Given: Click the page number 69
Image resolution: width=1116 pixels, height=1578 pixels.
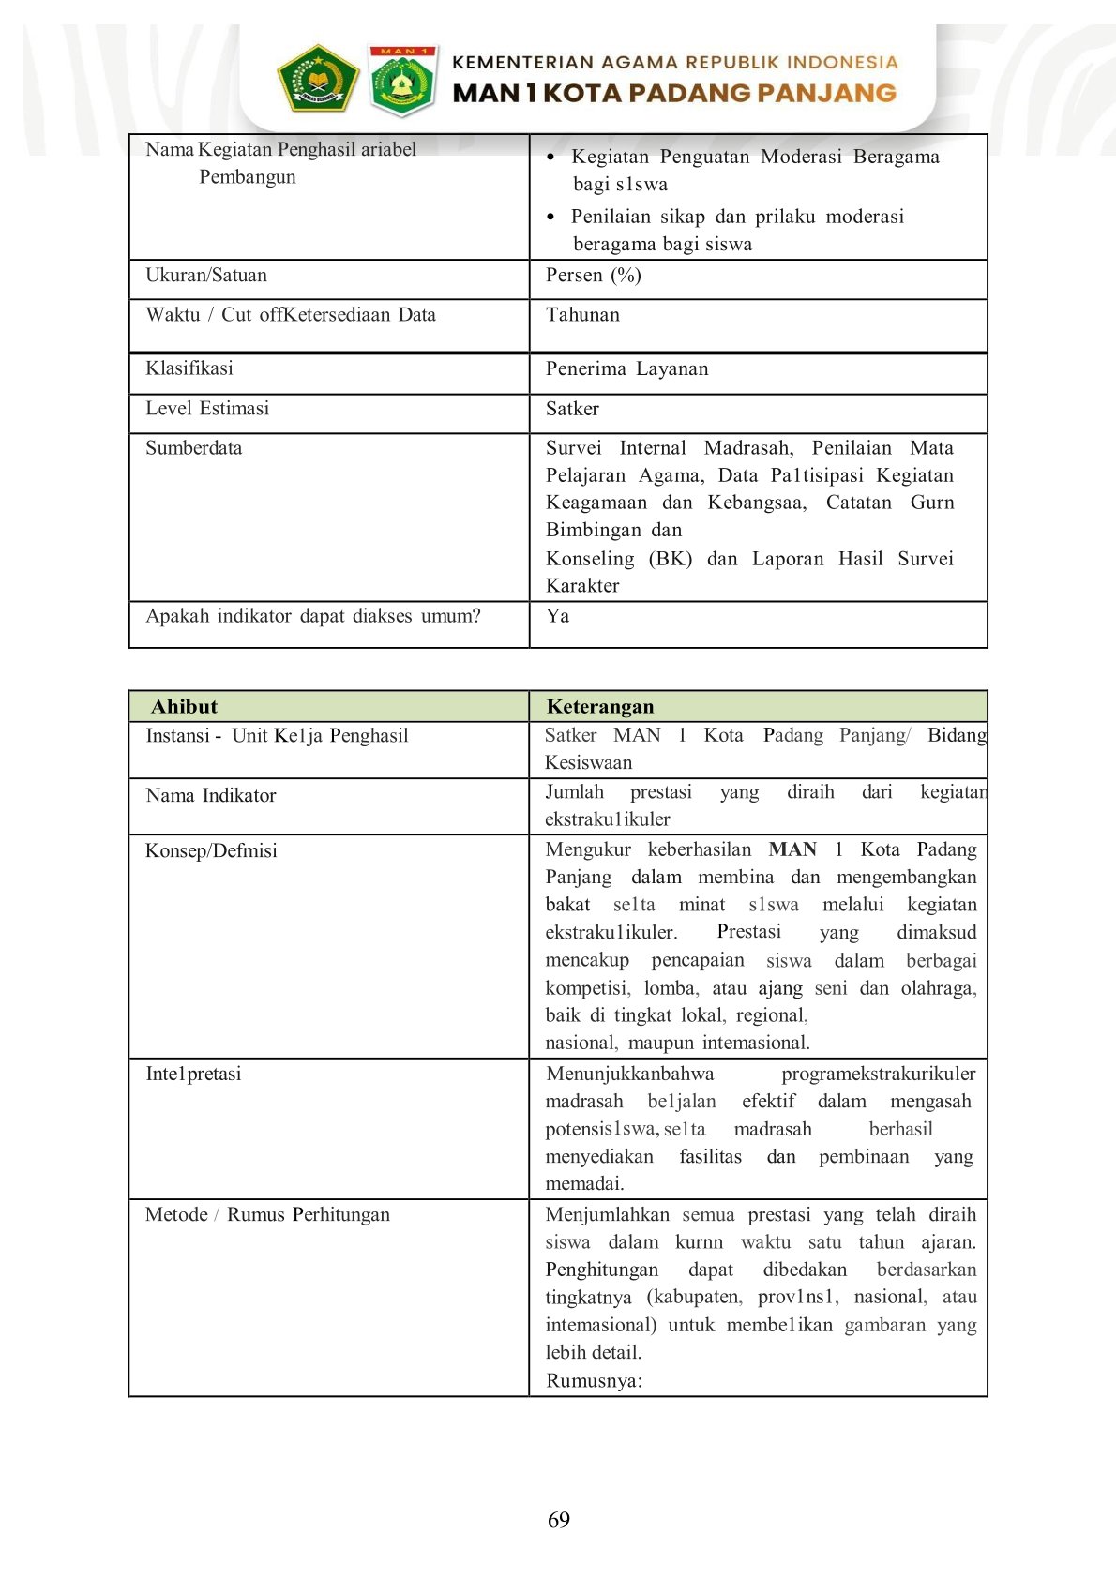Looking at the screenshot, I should coord(558,1520).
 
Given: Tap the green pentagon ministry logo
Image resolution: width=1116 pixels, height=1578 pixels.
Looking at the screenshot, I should coord(318,79).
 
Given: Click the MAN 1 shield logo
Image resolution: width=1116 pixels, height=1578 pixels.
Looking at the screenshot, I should coord(402,81).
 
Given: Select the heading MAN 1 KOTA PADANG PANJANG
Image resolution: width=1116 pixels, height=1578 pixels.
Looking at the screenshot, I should coord(674,93).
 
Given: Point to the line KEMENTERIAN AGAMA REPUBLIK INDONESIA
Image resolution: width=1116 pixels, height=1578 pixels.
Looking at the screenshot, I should coord(674,63).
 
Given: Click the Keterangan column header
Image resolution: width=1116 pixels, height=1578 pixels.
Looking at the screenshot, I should coord(600,707).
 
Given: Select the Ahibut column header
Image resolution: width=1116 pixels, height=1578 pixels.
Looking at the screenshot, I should coord(184,707).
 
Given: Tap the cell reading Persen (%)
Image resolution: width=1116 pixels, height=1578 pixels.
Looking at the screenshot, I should coord(594,276).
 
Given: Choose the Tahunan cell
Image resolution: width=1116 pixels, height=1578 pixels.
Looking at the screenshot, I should coord(582,315).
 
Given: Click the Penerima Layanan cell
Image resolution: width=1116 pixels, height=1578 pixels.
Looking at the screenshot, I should coord(626,368).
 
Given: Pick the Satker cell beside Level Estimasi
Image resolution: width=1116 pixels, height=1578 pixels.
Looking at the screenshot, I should coord(572,409).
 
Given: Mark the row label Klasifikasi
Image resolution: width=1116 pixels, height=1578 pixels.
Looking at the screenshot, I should coord(189,368).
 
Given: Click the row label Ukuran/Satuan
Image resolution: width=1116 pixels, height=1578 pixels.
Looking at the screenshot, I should coord(206,276).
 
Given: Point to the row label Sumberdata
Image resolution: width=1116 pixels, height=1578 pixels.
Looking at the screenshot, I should coord(193,448).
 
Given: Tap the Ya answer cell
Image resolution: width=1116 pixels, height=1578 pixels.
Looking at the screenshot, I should coord(557,616).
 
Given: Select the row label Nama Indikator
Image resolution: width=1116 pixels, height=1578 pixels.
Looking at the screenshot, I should coord(211,796).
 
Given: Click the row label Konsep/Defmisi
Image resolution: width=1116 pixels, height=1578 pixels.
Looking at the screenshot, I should coord(211,851).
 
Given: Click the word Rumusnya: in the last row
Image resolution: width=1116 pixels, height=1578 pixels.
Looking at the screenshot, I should coord(594,1381).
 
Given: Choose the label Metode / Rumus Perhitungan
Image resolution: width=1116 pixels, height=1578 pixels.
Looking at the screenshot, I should coord(267,1215).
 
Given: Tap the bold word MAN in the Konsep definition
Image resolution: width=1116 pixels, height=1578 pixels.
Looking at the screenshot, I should coord(792,849).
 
